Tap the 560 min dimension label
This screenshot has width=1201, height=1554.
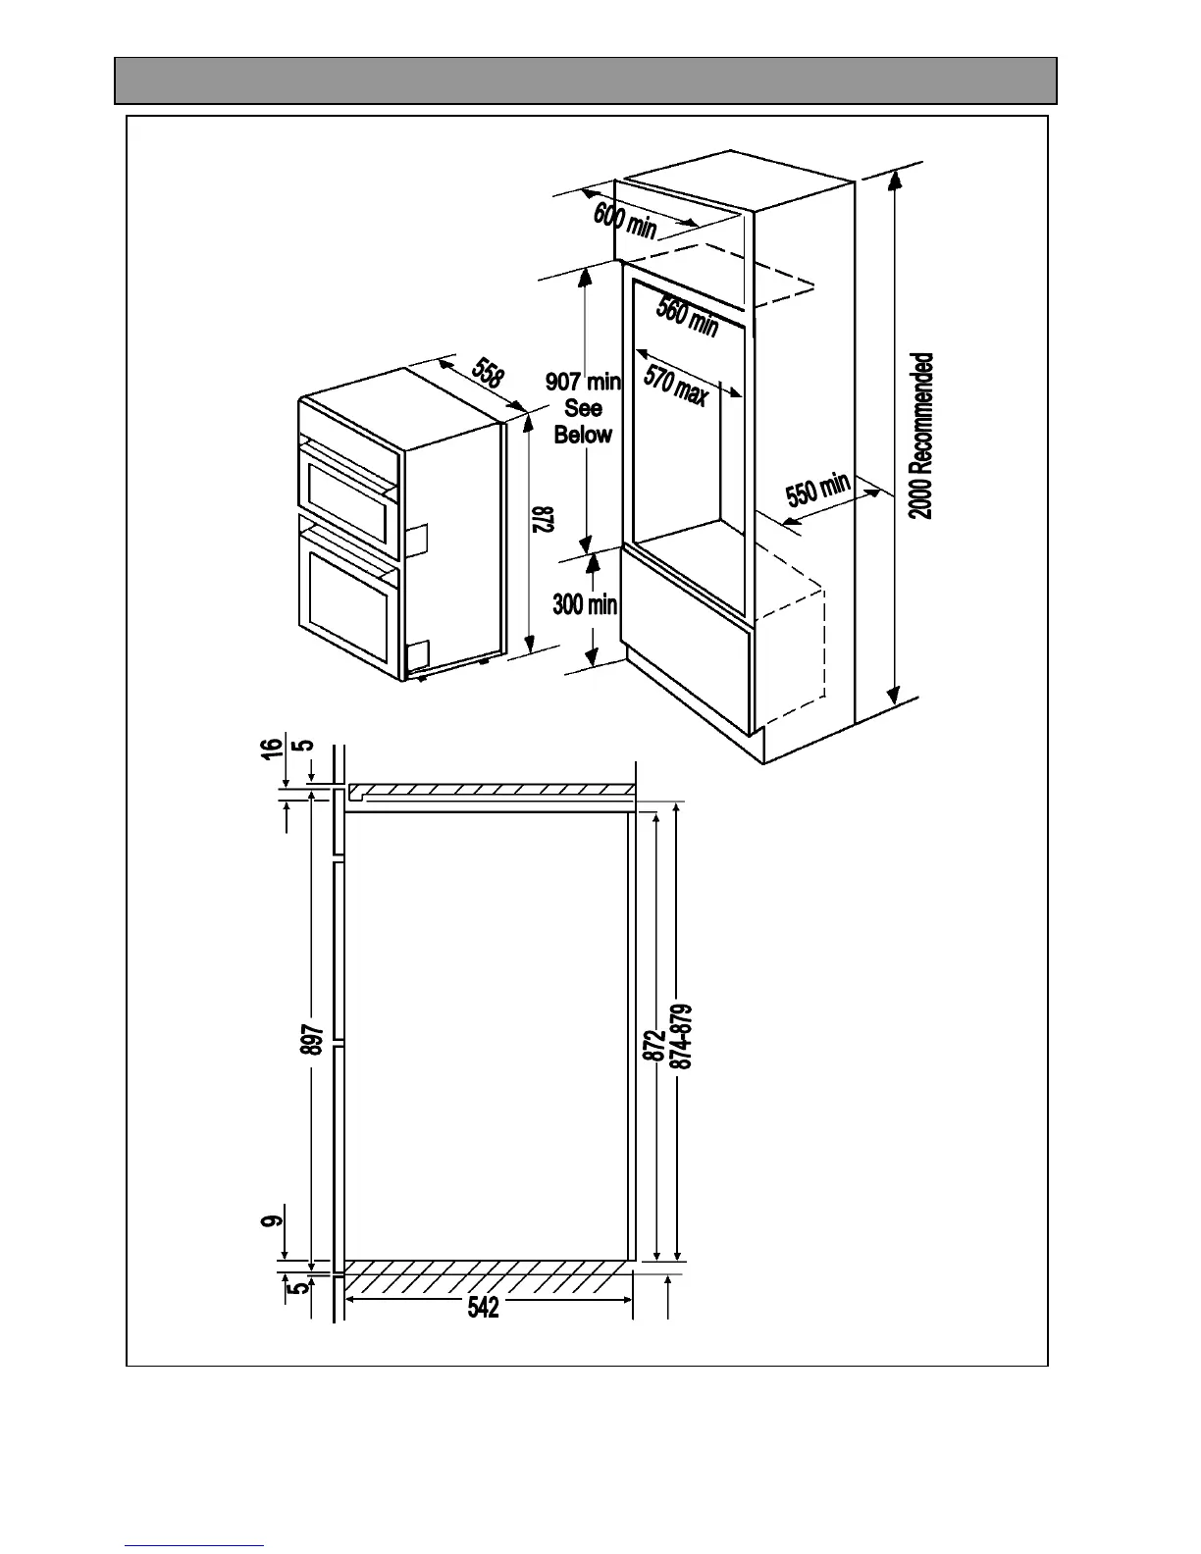coord(687,315)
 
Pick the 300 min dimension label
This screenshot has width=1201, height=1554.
coord(585,603)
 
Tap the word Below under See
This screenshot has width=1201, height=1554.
coord(583,435)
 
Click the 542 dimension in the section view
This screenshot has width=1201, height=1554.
coord(484,1307)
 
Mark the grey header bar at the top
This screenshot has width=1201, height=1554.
coord(586,80)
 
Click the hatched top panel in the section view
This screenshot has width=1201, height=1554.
coord(491,789)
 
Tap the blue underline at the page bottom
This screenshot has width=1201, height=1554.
coord(194,1544)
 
